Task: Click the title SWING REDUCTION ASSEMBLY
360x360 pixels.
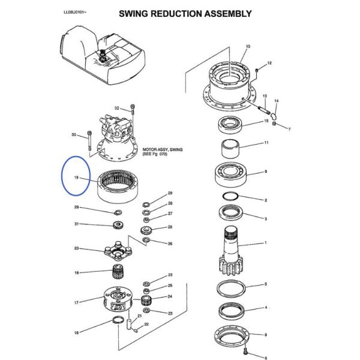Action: point(184,13)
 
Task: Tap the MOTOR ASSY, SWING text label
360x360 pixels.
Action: point(162,151)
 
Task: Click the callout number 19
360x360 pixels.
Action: point(77,178)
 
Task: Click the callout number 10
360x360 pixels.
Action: point(248,47)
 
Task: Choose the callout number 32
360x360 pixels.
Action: point(118,108)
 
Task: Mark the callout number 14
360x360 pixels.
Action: point(277,101)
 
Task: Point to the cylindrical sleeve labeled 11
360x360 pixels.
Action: point(232,146)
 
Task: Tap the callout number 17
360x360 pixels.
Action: point(76,302)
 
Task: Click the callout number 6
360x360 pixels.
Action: point(265,357)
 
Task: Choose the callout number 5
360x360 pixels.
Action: point(265,284)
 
